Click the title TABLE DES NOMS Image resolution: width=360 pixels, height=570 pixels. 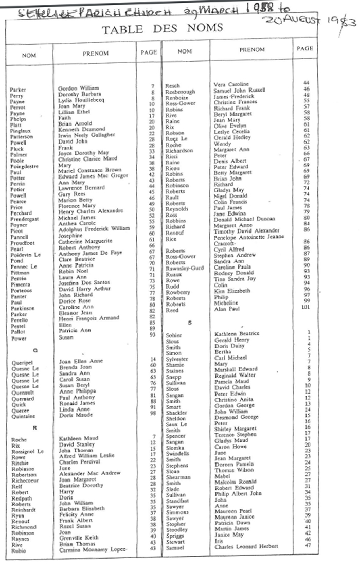point(173,30)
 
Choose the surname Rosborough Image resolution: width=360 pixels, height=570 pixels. point(180,92)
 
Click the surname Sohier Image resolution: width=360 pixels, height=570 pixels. point(173,336)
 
